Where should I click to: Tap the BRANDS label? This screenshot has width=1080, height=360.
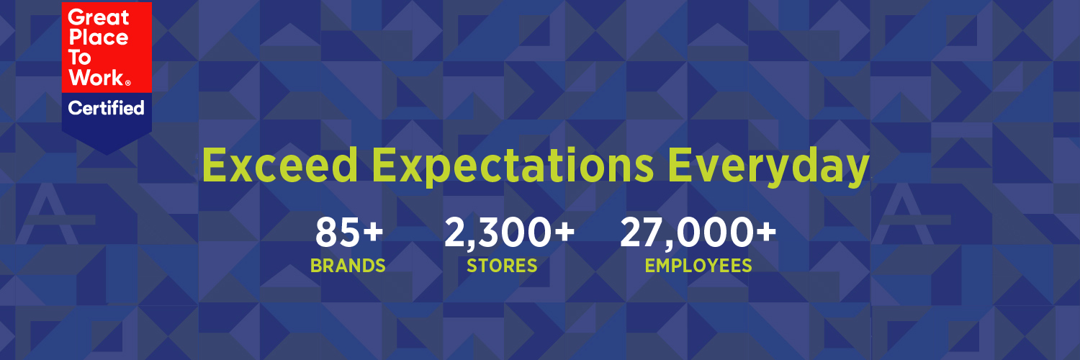pyautogui.click(x=348, y=266)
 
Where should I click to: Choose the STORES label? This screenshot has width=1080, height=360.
pyautogui.click(x=502, y=266)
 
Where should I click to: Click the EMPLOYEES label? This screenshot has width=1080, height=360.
pyautogui.click(x=698, y=266)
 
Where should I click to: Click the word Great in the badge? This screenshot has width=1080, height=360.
pyautogui.click(x=99, y=17)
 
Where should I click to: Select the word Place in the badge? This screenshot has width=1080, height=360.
pyautogui.click(x=98, y=38)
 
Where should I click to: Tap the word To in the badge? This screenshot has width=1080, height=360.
pyautogui.click(x=81, y=58)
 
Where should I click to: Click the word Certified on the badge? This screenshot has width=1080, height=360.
pyautogui.click(x=106, y=109)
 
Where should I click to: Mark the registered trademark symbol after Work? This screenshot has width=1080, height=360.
pyautogui.click(x=127, y=84)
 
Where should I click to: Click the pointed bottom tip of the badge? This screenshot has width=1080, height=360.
pyautogui.click(x=107, y=153)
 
